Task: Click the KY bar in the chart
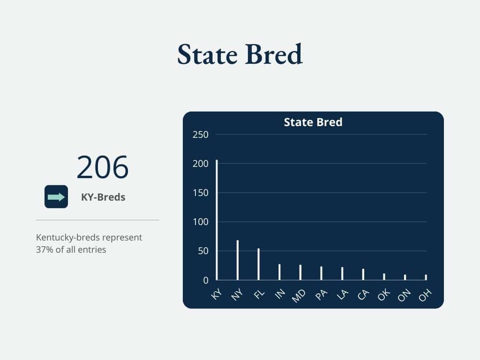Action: pos(217,220)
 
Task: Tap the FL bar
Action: pos(259,264)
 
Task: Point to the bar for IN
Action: pos(279,272)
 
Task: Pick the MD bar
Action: pos(300,272)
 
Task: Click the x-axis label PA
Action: pos(321,295)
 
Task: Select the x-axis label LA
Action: pos(342,295)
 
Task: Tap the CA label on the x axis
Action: pos(363,295)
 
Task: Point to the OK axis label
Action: pos(384,295)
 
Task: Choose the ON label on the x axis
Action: pos(405,295)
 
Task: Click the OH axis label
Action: pos(425,295)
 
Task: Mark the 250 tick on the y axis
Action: pos(201,135)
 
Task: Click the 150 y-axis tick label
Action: pos(201,193)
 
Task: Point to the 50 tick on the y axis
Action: pos(203,251)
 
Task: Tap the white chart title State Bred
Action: pos(313,122)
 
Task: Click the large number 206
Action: pos(102,168)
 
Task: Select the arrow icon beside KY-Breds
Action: pos(56,197)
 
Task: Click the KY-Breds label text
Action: pos(103,197)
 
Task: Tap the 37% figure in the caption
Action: pos(44,250)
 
